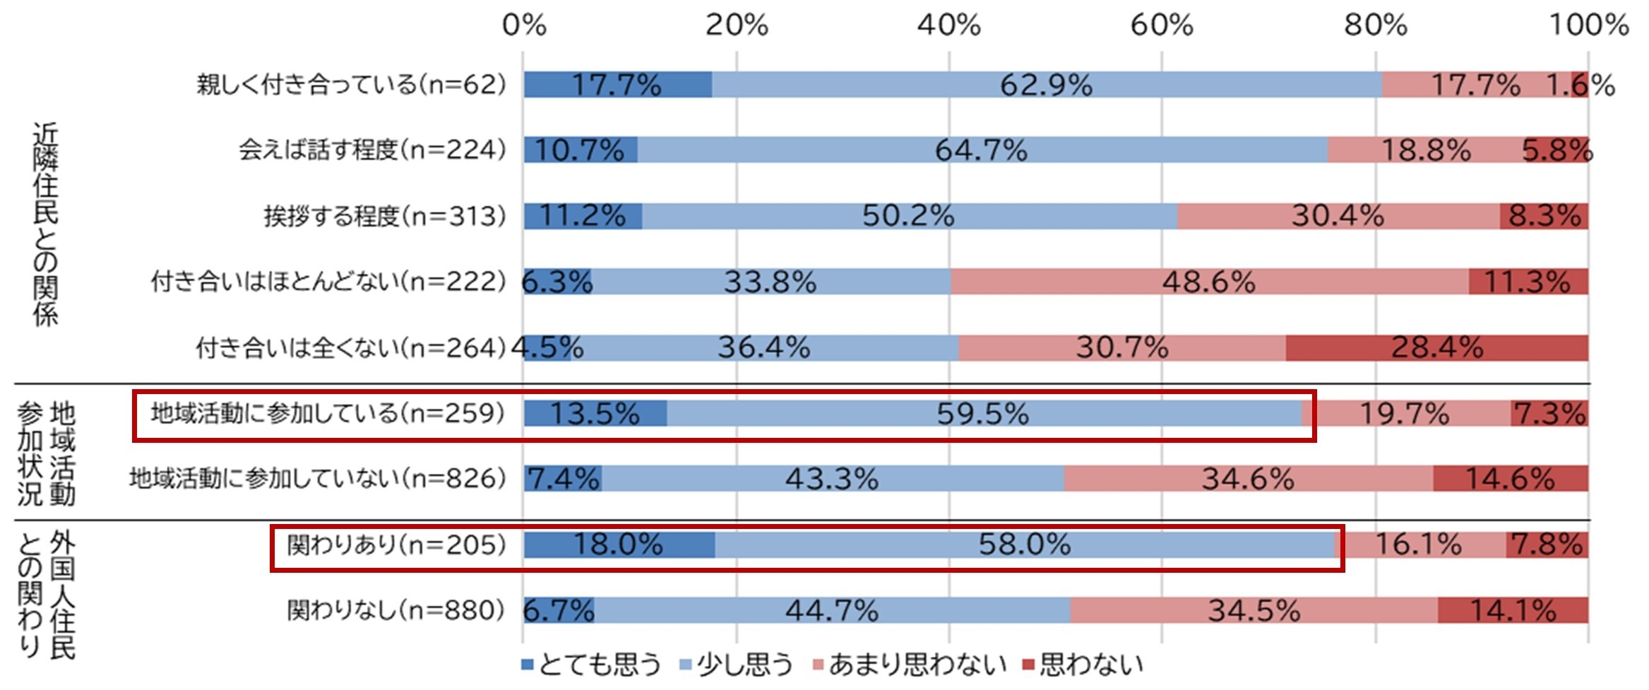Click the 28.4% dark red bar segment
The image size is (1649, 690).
1436,347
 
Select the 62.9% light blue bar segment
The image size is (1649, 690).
1046,85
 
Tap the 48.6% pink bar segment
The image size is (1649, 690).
1209,282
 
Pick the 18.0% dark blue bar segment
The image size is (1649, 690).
619,545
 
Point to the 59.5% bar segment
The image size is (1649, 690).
983,413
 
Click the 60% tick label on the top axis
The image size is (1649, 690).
1162,25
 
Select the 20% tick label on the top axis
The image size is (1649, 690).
737,25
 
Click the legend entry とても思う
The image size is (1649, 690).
591,665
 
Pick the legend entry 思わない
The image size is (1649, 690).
1083,665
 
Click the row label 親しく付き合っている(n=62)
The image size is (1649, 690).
351,85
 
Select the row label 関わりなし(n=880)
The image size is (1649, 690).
396,610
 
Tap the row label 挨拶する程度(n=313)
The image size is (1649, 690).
385,216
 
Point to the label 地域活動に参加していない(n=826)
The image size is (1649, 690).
317,479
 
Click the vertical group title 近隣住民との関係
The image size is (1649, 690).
45,224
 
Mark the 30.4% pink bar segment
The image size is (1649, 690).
1338,216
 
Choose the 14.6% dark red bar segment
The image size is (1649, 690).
1510,479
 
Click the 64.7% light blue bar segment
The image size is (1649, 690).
982,150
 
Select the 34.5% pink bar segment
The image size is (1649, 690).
1254,610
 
